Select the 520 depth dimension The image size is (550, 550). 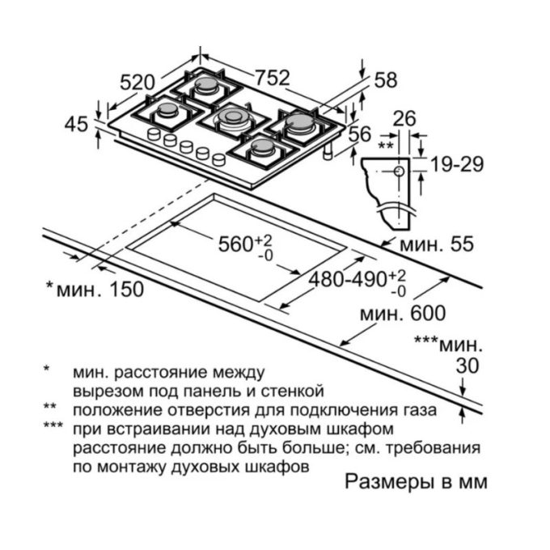tap(137, 81)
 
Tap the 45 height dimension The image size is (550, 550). tap(76, 124)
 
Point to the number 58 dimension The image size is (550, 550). tap(387, 79)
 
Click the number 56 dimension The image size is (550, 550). tap(358, 133)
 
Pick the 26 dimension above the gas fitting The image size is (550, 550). tap(404, 119)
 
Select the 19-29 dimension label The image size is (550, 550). tap(456, 164)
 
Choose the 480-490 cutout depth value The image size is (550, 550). tap(353, 279)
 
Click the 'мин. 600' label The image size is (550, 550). tap(403, 313)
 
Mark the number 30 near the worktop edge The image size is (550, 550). tap(467, 366)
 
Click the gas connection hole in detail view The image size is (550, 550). tap(400, 171)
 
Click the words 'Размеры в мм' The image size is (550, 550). tap(417, 482)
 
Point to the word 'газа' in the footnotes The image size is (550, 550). tap(418, 410)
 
